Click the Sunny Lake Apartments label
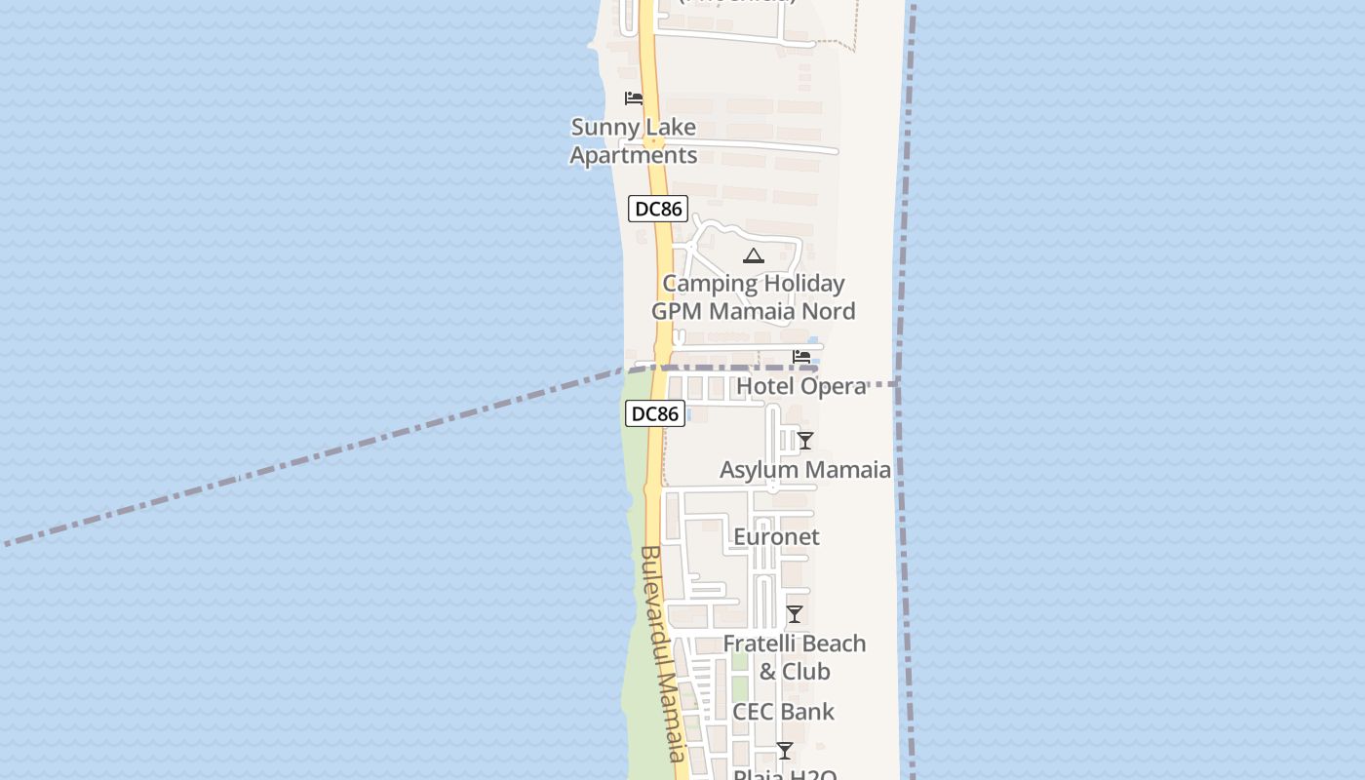(633, 141)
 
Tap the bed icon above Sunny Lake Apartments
(634, 98)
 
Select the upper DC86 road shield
(658, 209)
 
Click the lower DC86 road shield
(655, 414)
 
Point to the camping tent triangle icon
(753, 256)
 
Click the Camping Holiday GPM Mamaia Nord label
(754, 297)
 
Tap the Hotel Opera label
(801, 386)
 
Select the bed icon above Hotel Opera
(801, 357)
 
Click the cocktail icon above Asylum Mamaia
(805, 441)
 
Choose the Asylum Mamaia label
(805, 470)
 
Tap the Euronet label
(776, 537)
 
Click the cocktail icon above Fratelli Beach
(795, 614)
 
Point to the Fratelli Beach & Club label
(795, 657)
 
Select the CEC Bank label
(784, 712)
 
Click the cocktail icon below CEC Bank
(785, 751)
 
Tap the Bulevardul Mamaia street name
(664, 653)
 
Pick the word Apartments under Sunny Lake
(634, 156)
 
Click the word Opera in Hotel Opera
(833, 386)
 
